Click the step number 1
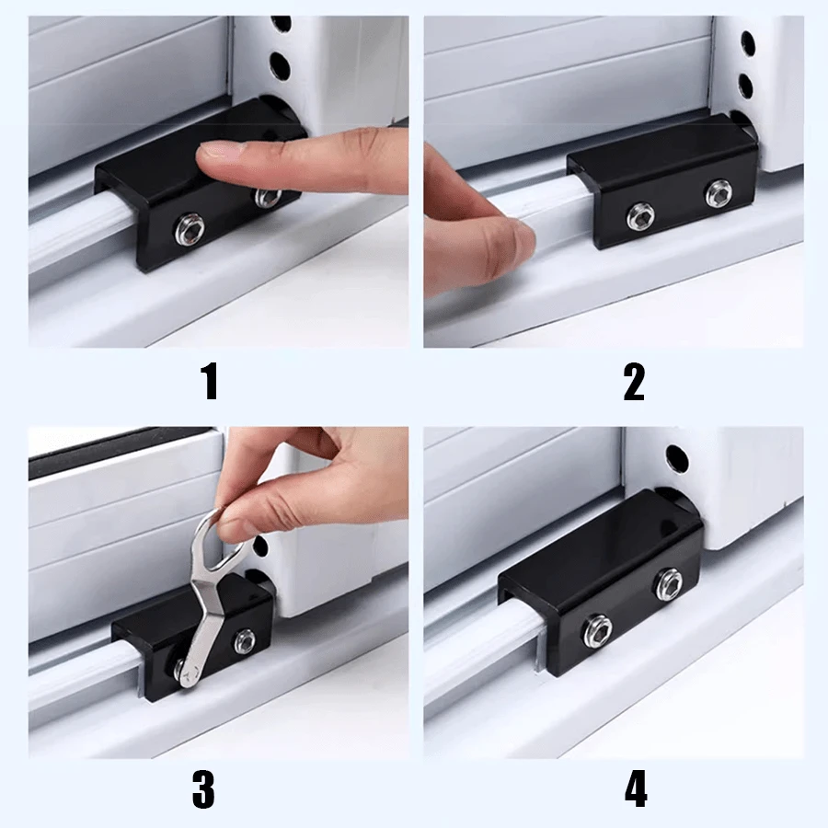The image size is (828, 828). tap(210, 381)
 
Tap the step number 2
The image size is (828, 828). tap(634, 381)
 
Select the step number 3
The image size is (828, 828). tap(203, 789)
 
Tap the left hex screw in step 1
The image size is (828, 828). tap(189, 229)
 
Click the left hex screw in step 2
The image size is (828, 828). tap(640, 216)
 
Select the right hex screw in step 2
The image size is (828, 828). tap(719, 194)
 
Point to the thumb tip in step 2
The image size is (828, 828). tap(520, 243)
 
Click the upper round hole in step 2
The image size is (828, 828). tap(747, 42)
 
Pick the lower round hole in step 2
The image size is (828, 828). tap(745, 85)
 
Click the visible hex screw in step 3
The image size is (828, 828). tap(245, 641)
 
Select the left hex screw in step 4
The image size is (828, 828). tap(597, 630)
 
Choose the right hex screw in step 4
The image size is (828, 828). tap(668, 583)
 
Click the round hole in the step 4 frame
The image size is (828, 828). tap(676, 458)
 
